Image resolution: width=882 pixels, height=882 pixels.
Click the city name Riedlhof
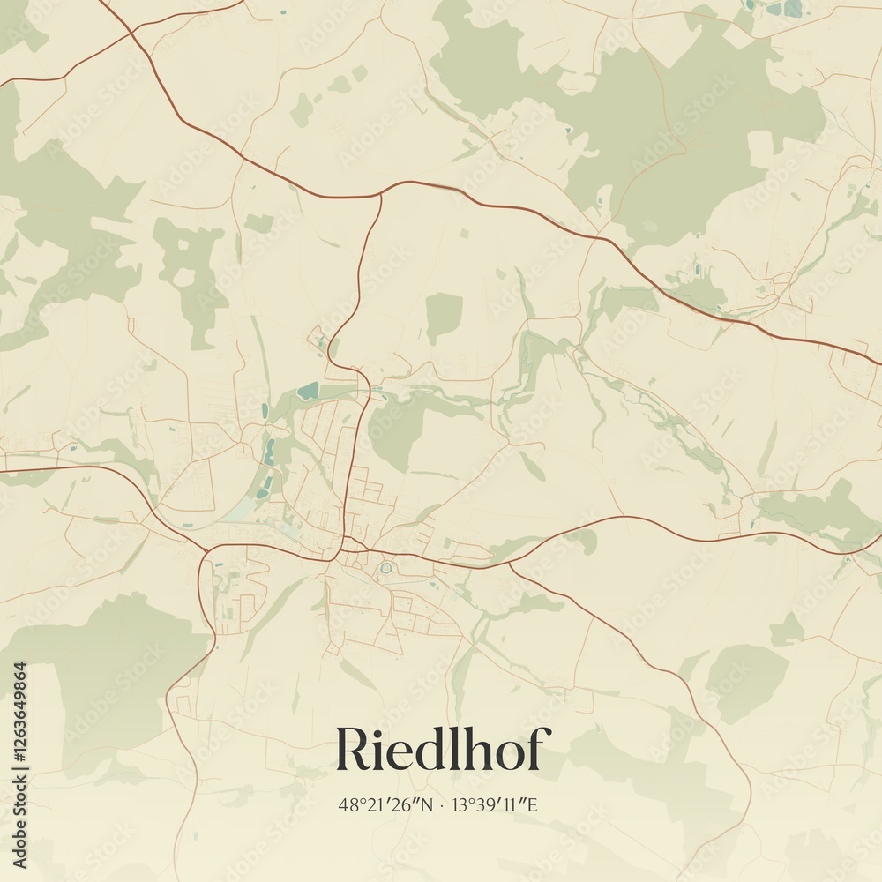(x=443, y=751)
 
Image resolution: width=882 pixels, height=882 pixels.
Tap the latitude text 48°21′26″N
(x=385, y=804)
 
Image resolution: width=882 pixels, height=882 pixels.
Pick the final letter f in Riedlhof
(x=540, y=750)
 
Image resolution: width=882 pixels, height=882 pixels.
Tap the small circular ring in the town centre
(x=385, y=568)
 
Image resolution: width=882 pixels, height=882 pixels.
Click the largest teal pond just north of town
(x=308, y=391)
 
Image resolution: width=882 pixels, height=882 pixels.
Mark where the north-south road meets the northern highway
(x=381, y=194)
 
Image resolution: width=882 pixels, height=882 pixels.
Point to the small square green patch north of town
(x=444, y=316)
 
